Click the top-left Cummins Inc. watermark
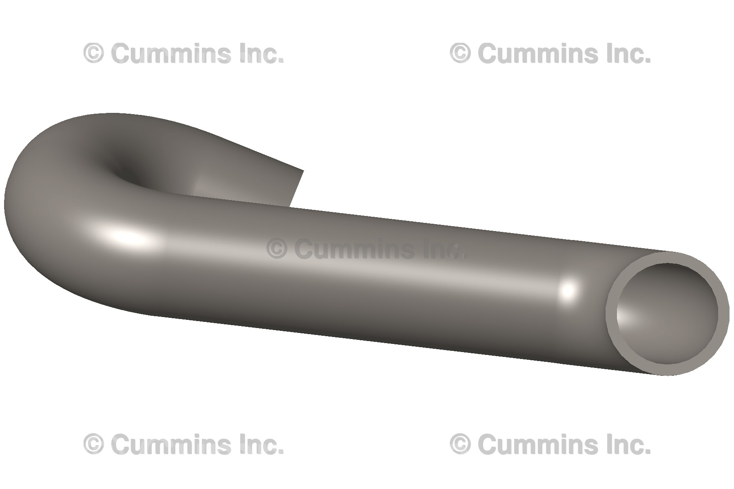coord(183,53)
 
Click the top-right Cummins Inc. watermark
coord(550,53)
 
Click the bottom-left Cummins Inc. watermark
coord(183,444)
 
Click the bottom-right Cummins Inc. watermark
coord(550,444)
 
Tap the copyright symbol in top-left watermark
coord(93,53)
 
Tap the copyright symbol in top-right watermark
coord(460,53)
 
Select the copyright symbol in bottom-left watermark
coord(93,444)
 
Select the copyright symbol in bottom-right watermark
coord(460,444)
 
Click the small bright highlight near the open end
coord(568,291)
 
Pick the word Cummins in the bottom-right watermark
coord(539,444)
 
